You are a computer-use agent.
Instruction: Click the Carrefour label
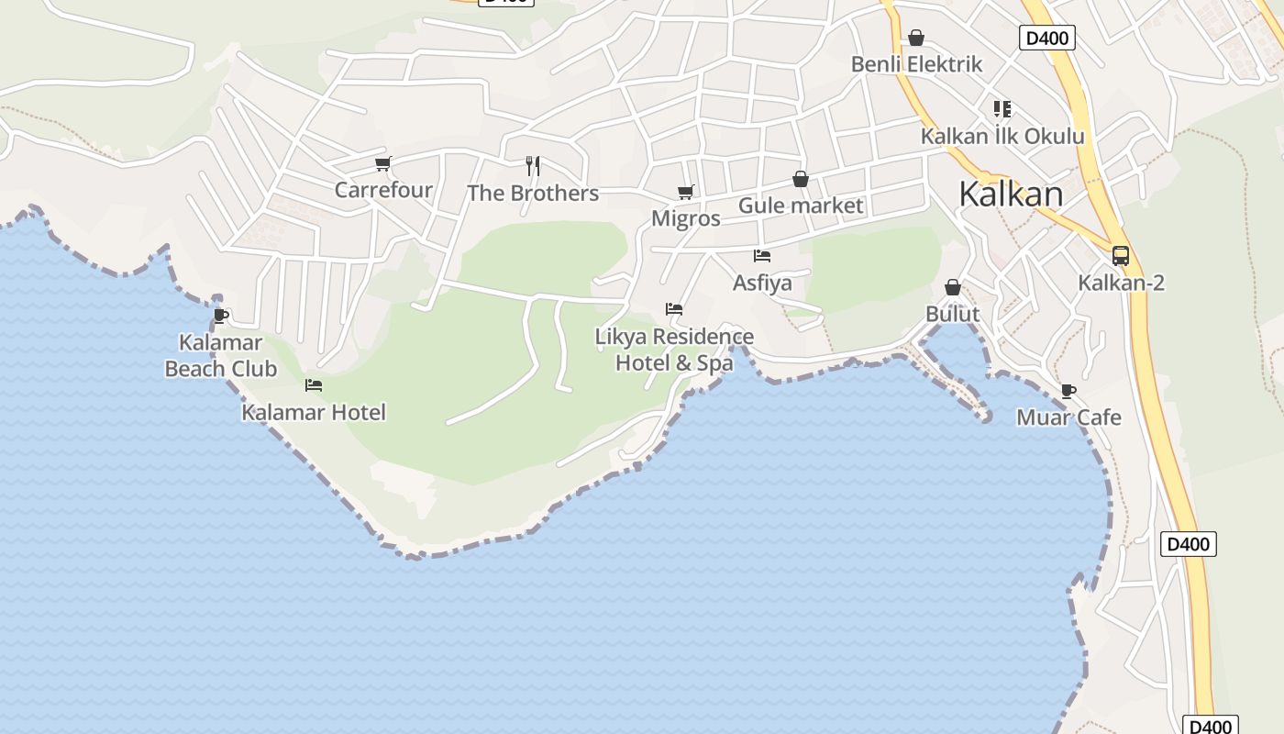(x=383, y=190)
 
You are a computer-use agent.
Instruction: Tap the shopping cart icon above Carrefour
(x=383, y=164)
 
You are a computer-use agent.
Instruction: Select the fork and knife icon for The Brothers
(x=533, y=166)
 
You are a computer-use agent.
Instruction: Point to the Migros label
(x=685, y=219)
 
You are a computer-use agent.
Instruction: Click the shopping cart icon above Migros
(x=685, y=193)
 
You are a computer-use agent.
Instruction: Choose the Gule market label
(x=801, y=206)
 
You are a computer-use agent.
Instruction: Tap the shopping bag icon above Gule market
(x=801, y=179)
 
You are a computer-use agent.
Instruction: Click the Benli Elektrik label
(x=916, y=64)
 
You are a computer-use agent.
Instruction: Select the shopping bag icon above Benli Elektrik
(x=916, y=38)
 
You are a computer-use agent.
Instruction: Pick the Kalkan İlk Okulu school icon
(x=1002, y=109)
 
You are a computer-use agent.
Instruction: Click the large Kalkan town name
(x=1011, y=195)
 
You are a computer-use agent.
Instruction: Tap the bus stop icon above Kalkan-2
(x=1121, y=256)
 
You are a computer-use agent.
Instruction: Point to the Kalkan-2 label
(x=1121, y=283)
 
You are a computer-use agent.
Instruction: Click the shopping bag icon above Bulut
(x=953, y=287)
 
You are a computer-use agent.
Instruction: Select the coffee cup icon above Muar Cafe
(x=1068, y=391)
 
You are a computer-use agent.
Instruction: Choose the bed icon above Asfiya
(x=762, y=256)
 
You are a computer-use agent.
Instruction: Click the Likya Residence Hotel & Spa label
(x=674, y=350)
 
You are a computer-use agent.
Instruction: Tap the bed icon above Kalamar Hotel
(x=314, y=385)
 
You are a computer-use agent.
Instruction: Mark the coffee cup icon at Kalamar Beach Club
(x=221, y=316)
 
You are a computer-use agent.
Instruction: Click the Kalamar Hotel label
(x=314, y=413)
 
